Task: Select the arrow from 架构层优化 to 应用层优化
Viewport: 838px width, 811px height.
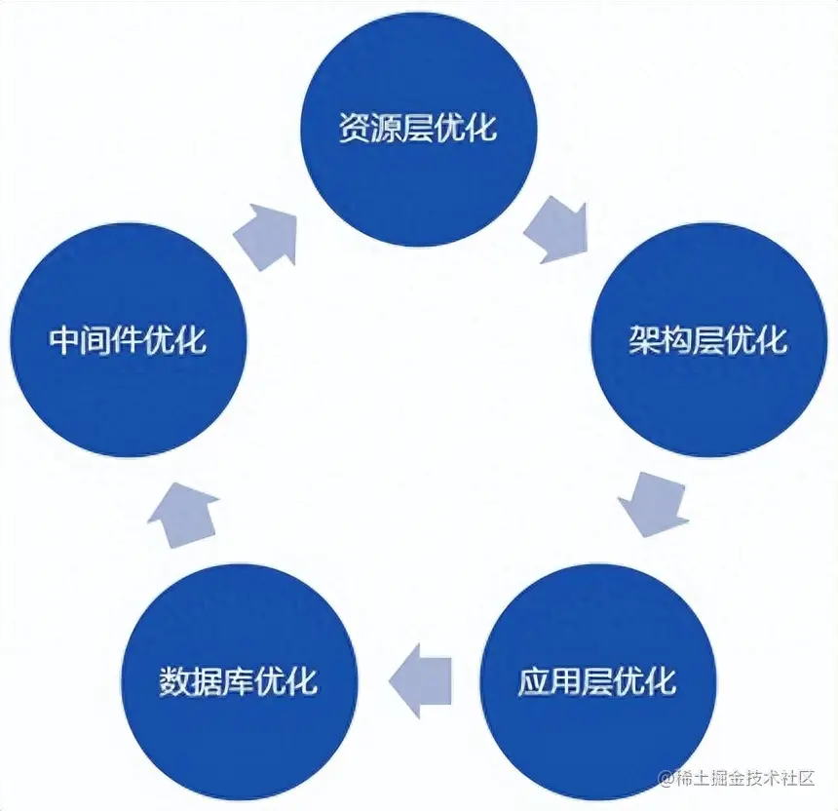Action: click(x=652, y=503)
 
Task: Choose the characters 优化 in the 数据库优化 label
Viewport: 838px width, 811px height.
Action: click(x=287, y=680)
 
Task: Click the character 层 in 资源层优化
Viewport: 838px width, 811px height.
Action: click(x=419, y=128)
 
